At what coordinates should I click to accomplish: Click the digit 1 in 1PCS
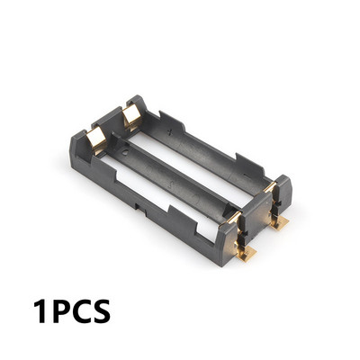point(40,312)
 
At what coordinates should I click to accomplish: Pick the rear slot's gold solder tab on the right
point(279,220)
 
